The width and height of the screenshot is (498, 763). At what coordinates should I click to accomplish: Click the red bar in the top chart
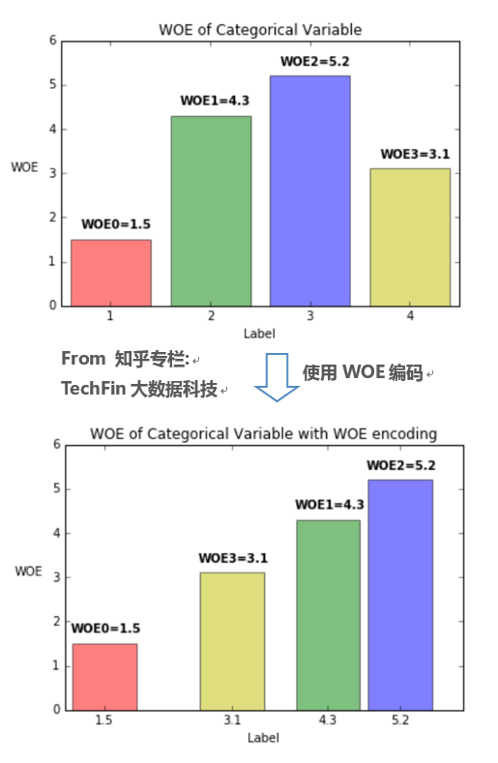[x=110, y=273]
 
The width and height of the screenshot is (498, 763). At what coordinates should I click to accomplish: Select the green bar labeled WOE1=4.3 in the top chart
[x=211, y=211]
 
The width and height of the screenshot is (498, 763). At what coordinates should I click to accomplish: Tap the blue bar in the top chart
[x=309, y=191]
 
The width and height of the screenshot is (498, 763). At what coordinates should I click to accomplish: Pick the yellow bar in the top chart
[x=410, y=237]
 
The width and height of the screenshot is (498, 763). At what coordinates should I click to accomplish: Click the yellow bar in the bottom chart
[x=232, y=641]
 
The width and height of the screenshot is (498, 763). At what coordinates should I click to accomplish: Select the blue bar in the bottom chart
[x=399, y=595]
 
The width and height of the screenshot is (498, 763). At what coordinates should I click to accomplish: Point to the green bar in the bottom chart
[x=328, y=615]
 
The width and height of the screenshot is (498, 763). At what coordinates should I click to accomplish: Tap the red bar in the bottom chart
[x=104, y=677]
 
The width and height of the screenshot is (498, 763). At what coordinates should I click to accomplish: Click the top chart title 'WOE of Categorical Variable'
[x=260, y=30]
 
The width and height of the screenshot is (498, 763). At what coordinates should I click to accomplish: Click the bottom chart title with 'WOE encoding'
[x=263, y=433]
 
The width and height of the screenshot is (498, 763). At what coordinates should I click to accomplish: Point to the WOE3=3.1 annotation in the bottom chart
[x=232, y=558]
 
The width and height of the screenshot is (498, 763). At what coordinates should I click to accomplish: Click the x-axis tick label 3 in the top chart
[x=310, y=316]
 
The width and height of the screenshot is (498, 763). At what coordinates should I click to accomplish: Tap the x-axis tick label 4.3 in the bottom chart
[x=328, y=720]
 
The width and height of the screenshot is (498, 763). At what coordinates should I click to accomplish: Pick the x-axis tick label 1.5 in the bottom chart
[x=104, y=720]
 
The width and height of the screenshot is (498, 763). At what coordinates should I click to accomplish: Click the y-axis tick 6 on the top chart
[x=53, y=41]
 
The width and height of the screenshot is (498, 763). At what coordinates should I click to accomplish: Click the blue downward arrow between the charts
[x=277, y=377]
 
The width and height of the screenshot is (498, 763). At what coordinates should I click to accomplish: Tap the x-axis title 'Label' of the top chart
[x=259, y=334]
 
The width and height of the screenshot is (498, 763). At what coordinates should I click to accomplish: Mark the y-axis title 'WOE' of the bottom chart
[x=28, y=571]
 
